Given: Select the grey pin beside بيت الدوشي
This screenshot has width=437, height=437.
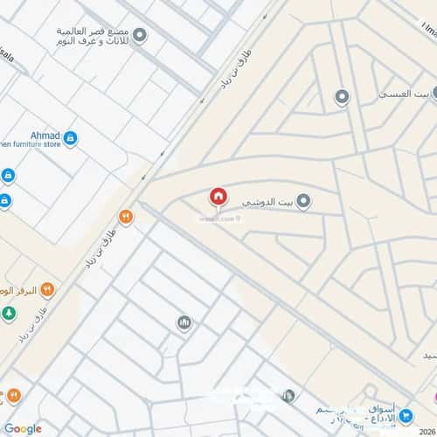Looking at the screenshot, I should point(303,202).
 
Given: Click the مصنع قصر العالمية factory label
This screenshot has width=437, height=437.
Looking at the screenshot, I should point(95,35).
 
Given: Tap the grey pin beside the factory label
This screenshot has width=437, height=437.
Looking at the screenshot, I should point(139,35).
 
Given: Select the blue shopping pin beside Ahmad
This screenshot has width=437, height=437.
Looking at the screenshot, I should point(71,137).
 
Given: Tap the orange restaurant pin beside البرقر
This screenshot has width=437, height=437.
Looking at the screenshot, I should point(47,289).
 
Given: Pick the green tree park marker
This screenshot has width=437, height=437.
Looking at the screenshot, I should point(8,312).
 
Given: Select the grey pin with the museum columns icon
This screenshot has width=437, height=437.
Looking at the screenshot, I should point(184,323).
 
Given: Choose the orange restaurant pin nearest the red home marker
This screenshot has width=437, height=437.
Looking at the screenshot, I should point(126,217).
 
